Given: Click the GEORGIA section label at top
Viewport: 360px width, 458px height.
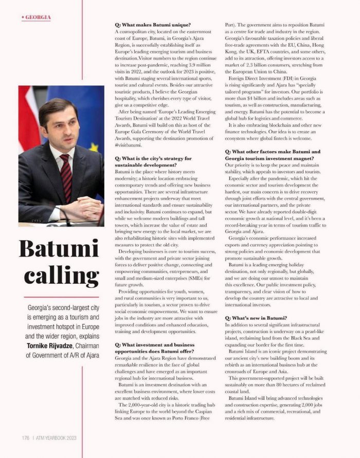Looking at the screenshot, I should pyautogui.click(x=38, y=17).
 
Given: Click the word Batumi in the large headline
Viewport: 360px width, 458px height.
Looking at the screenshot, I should pyautogui.click(x=58, y=249).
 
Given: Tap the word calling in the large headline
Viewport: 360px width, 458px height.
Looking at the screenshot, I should pyautogui.click(x=58, y=276).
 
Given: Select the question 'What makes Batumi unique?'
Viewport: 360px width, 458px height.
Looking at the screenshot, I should pyautogui.click(x=153, y=25).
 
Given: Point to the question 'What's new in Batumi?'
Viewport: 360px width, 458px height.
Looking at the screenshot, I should pyautogui.click(x=256, y=319).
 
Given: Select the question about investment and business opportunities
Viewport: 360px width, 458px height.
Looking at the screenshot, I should pyautogui.click(x=155, y=348).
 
